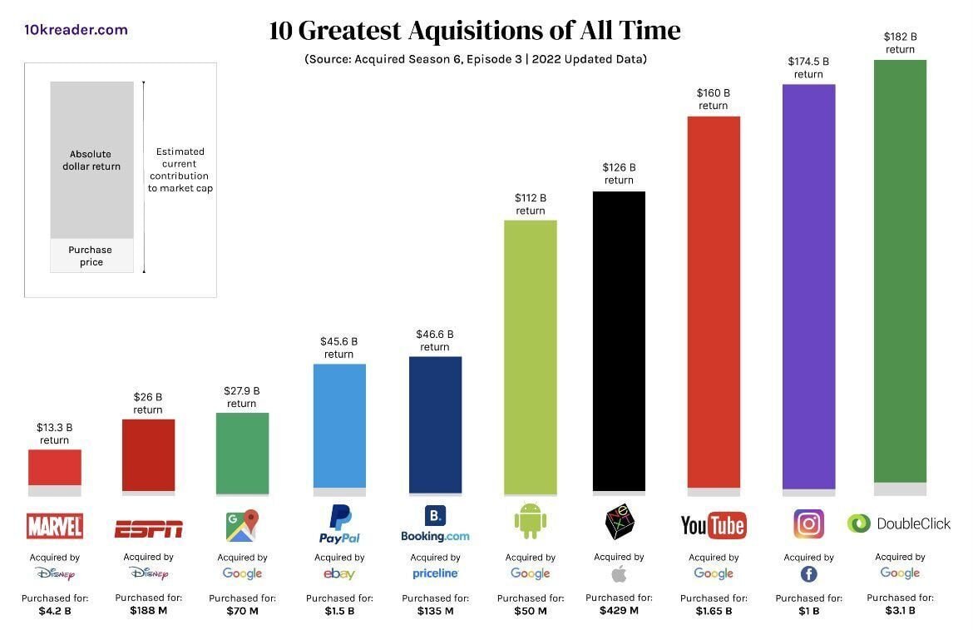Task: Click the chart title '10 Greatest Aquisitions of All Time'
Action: [475, 32]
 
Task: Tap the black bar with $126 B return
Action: [619, 340]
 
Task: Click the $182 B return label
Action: [900, 43]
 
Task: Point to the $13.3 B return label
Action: [55, 434]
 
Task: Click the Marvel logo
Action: [55, 526]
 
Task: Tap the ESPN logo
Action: [148, 528]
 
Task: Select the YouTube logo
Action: [713, 525]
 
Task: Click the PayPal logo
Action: [339, 524]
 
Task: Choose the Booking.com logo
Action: [435, 525]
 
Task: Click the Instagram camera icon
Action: [808, 524]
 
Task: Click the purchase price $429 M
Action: [619, 610]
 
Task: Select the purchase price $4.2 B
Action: [55, 611]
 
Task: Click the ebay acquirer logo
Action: [339, 573]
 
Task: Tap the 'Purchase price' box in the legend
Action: [91, 255]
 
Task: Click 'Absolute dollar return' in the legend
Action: [91, 160]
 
